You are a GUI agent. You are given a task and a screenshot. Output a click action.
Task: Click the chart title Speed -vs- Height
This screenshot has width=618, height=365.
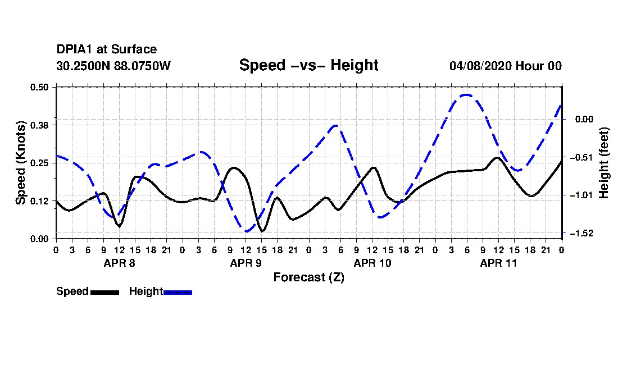pos(308,65)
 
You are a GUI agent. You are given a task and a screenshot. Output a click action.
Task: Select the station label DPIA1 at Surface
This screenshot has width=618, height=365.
pos(106,49)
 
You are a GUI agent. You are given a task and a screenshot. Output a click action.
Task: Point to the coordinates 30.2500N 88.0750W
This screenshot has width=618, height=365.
pos(113,66)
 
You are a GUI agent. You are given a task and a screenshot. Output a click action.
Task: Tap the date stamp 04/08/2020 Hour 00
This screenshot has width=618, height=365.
pos(505,66)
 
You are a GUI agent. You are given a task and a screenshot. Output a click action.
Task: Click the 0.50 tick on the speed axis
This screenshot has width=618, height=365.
pos(39,87)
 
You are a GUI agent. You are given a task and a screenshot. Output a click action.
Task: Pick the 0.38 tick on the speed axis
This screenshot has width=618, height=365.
pos(39,125)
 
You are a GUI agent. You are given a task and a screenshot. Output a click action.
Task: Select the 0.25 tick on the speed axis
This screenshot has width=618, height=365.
pos(39,163)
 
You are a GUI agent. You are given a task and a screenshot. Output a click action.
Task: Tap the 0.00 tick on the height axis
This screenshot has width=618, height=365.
pos(584,119)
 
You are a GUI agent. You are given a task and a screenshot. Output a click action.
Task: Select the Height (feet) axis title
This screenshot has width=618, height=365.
pos(603,163)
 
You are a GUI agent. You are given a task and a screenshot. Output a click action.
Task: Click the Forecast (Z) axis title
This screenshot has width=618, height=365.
pos(308,277)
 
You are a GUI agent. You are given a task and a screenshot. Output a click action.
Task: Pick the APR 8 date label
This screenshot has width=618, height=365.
pos(119,263)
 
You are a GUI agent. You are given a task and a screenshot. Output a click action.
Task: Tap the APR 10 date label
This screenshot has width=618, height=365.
pos(372,263)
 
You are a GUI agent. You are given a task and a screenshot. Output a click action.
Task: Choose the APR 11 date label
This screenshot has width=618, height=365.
pos(498,263)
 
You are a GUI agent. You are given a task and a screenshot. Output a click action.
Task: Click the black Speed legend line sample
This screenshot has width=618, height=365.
pos(104,292)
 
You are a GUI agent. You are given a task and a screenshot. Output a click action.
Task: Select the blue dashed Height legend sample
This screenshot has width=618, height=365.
pos(178,292)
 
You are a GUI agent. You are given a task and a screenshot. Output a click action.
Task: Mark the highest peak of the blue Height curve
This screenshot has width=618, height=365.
pos(467,94)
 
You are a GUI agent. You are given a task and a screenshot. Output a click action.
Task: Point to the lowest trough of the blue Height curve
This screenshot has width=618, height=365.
pos(247,231)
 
